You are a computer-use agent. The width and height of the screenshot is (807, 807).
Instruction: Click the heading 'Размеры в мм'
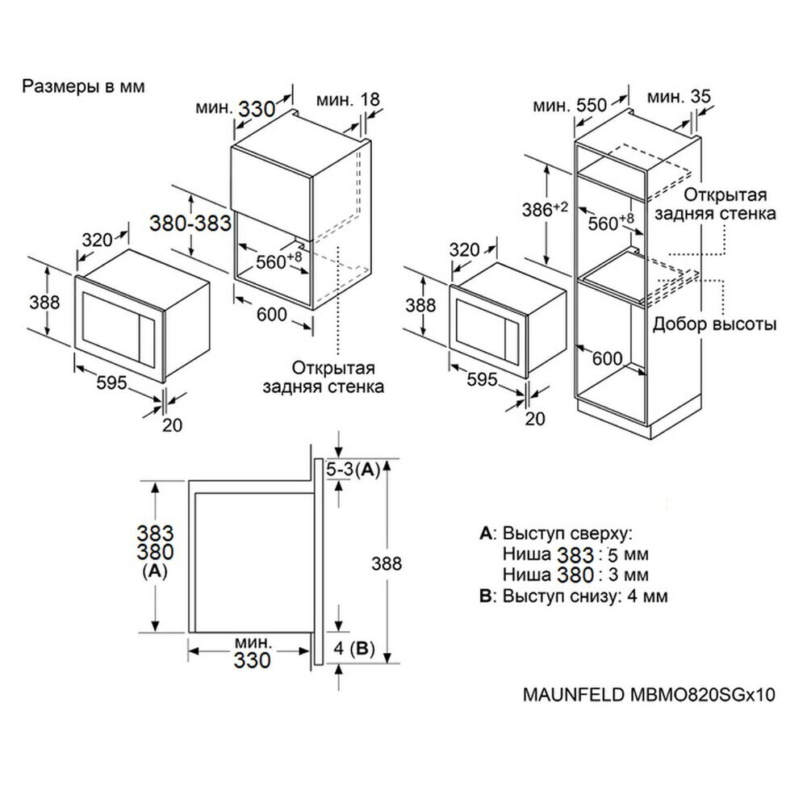coord(84,86)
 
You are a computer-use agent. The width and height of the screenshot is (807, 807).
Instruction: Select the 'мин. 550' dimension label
coord(570,105)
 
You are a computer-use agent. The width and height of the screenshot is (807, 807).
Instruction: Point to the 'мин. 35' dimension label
coord(679,97)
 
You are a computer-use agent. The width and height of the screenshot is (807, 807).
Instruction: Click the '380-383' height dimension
coord(190,224)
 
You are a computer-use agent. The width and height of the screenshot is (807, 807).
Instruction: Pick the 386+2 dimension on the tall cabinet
coord(546,210)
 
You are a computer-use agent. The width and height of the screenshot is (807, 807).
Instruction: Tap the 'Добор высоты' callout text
coord(715,324)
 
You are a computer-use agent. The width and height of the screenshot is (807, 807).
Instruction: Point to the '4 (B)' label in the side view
coord(353,647)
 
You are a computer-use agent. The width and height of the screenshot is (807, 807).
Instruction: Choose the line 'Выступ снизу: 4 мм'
coord(573,596)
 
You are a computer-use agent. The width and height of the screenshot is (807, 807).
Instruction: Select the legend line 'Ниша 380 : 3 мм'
coord(575,575)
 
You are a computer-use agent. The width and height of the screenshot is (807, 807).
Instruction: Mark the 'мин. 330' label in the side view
coord(253,652)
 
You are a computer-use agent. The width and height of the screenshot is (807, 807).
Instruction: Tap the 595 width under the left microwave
coord(112,383)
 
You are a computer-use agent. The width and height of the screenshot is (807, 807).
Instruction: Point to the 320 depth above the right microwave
coord(466,250)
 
